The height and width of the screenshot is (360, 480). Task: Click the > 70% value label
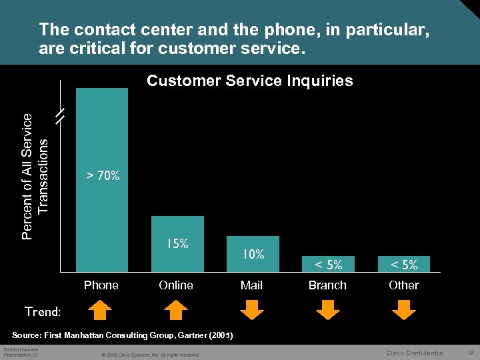click(x=103, y=176)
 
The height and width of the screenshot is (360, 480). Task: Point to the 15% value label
click(x=177, y=244)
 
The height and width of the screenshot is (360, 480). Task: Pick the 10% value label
click(x=253, y=254)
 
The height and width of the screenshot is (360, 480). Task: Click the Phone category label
click(x=101, y=285)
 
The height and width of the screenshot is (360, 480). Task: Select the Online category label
click(x=176, y=285)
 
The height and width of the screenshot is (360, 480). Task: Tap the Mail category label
click(x=251, y=285)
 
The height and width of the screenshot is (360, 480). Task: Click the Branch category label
click(x=327, y=285)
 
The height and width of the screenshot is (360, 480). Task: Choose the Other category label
click(x=403, y=285)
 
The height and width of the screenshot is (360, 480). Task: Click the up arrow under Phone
click(x=101, y=310)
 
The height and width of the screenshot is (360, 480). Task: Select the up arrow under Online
click(x=176, y=310)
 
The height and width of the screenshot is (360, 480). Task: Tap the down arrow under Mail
click(x=252, y=310)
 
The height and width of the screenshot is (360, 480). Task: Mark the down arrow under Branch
click(x=327, y=310)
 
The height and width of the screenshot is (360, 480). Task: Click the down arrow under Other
click(x=403, y=310)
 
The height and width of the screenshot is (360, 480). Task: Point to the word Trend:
click(x=43, y=311)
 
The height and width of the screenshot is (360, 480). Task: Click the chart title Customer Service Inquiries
click(x=250, y=81)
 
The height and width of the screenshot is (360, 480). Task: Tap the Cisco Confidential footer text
click(x=415, y=353)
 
